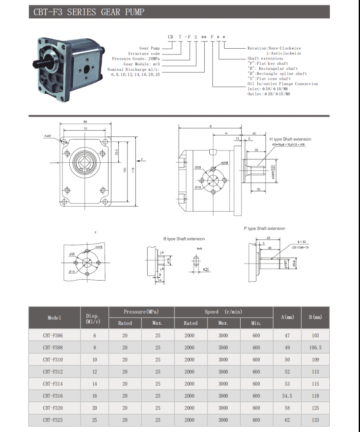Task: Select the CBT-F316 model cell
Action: coord(53,396)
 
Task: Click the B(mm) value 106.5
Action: coord(315,348)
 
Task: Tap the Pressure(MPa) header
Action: coord(141,312)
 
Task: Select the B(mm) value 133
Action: coord(315,420)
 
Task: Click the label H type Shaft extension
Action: coord(290,139)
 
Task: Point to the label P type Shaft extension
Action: coord(265,228)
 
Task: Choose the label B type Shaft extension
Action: coord(184,239)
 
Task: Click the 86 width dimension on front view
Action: coord(85,122)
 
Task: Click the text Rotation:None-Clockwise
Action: coord(274,48)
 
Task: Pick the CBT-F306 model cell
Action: coord(53,336)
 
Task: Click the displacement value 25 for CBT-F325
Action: coord(95,420)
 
